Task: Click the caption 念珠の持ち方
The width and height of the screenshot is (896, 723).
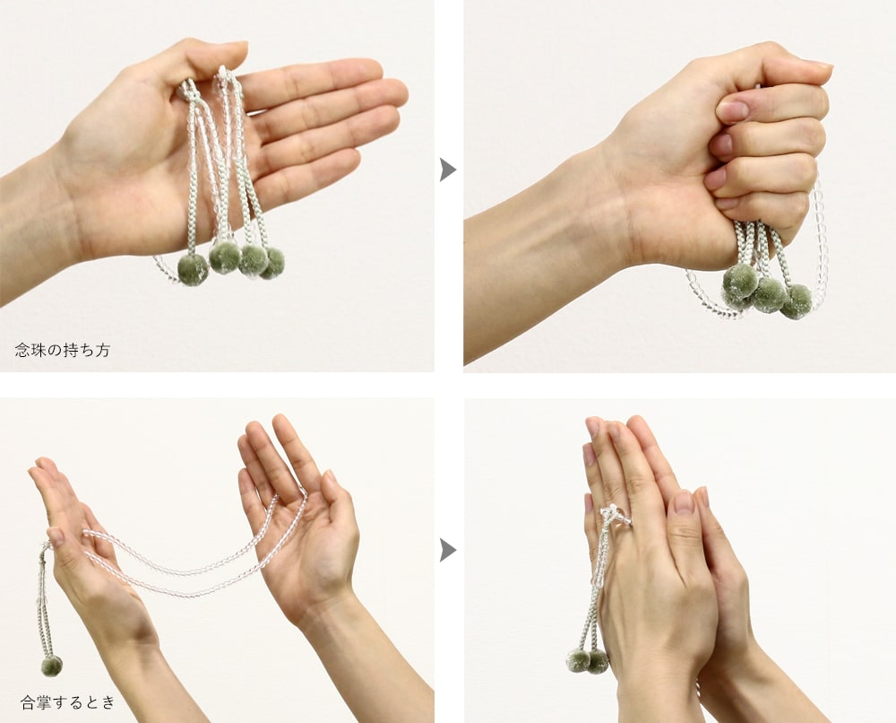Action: point(63,350)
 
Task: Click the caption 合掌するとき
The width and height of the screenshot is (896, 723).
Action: point(68,701)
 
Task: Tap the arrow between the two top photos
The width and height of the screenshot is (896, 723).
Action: point(447,170)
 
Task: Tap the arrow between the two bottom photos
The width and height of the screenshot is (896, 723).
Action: point(447,550)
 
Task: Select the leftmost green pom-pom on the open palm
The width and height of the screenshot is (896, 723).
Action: point(194,269)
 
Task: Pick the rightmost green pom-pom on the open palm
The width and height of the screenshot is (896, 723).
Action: point(273,263)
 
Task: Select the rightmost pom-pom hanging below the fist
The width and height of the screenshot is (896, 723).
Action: point(796,301)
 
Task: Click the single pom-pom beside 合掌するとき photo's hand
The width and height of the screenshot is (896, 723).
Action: point(51,666)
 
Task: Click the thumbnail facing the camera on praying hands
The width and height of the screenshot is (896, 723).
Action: point(684,502)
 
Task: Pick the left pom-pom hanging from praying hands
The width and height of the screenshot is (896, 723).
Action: point(578,660)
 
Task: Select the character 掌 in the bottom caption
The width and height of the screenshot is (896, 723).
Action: point(44,701)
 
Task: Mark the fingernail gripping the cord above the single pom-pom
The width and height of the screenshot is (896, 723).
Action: point(56,536)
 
